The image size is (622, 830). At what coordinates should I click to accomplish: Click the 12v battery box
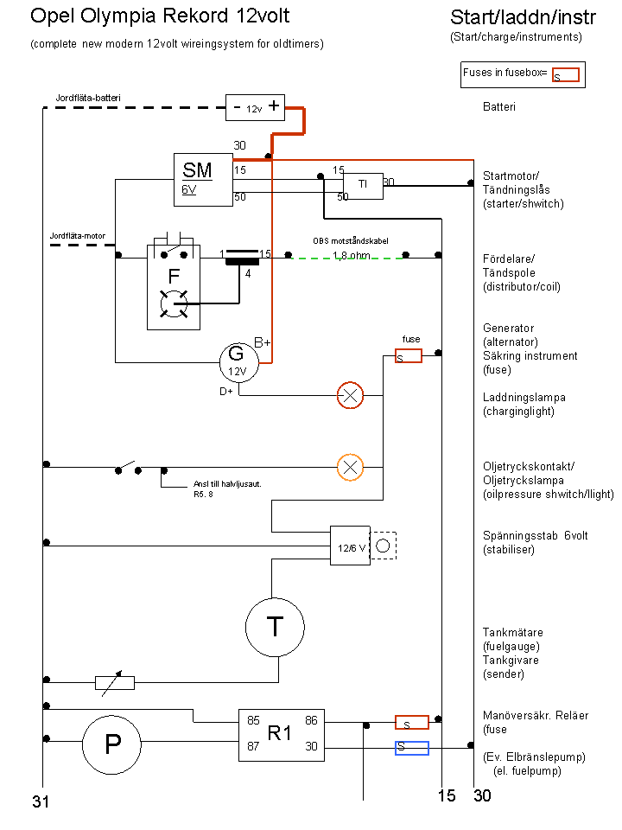(255, 107)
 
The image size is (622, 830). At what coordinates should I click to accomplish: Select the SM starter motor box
(203, 180)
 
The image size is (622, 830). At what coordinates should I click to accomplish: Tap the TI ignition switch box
(364, 186)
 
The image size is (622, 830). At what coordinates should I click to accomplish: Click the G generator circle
(239, 362)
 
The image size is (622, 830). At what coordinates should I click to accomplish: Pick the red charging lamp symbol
(350, 395)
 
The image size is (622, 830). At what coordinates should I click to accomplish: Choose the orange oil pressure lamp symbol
(350, 468)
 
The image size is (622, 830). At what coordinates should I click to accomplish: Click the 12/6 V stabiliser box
(350, 546)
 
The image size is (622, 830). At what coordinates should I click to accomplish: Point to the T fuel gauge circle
(275, 628)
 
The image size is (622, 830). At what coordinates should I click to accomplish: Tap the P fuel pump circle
(111, 744)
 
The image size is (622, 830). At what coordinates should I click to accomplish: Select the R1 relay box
(282, 735)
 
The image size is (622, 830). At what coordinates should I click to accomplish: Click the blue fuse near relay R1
(412, 748)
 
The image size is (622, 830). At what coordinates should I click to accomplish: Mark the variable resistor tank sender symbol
(115, 683)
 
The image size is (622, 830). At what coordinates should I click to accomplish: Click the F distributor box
(174, 287)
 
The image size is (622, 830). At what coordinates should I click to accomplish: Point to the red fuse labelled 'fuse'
(409, 355)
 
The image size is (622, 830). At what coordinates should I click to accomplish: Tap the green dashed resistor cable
(346, 259)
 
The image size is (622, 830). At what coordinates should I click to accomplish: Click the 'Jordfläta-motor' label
(78, 236)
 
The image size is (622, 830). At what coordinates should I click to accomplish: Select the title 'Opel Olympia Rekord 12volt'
(160, 16)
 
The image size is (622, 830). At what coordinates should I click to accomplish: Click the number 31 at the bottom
(41, 801)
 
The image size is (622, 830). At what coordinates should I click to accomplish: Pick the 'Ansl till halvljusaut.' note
(227, 484)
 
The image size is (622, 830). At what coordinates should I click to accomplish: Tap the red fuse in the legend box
(565, 74)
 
